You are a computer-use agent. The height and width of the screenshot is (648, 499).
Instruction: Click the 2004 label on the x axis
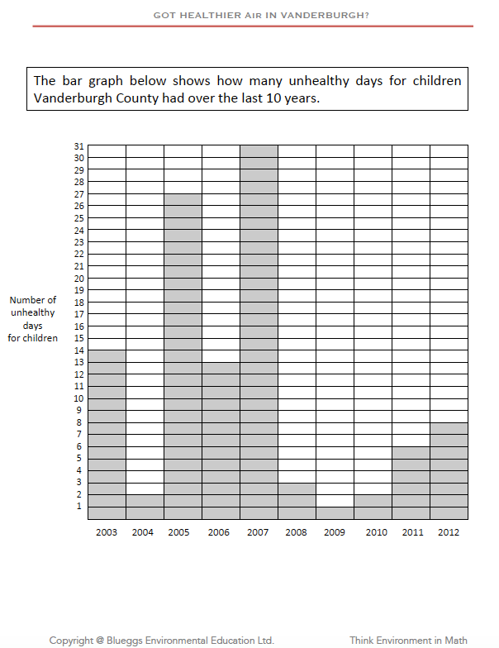(144, 533)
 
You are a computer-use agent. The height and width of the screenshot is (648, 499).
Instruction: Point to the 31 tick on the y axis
(79, 146)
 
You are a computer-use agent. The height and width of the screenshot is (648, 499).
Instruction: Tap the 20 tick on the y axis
(79, 279)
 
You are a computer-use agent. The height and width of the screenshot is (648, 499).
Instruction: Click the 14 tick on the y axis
(79, 350)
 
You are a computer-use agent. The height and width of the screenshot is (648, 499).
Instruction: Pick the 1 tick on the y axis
(80, 506)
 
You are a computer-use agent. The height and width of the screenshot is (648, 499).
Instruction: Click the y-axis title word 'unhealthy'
(33, 312)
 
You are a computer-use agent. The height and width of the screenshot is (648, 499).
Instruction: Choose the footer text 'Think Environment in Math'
(408, 640)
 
